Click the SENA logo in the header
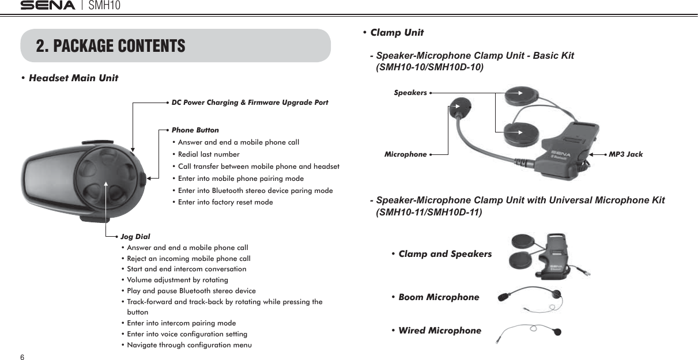point(48,6)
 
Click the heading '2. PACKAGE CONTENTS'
point(111,46)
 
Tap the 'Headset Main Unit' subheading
point(73,78)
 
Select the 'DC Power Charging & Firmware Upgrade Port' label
point(250,103)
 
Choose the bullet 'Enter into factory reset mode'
point(225,202)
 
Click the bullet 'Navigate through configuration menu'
point(189,345)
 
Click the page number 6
point(22,357)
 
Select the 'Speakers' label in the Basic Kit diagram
point(410,92)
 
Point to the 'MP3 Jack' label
point(625,154)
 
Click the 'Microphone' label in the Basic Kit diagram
point(405,154)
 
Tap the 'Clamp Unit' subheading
point(397,32)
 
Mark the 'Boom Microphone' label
point(439,297)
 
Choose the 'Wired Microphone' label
point(439,331)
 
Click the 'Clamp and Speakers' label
point(445,254)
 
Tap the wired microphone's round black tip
point(557,331)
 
